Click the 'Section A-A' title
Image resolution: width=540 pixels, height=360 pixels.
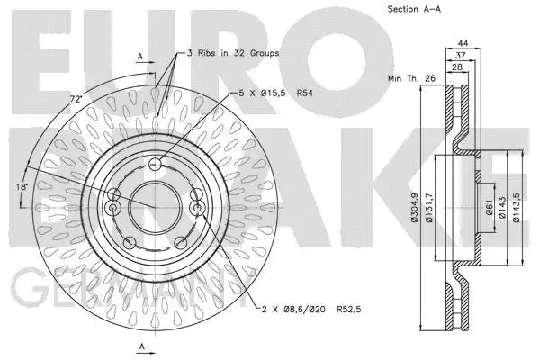pyautogui.click(x=415, y=9)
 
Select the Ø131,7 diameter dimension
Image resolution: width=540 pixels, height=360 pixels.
pyautogui.click(x=429, y=207)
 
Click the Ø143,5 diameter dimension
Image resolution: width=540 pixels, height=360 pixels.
pyautogui.click(x=518, y=207)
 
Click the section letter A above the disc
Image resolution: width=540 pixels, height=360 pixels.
pyautogui.click(x=140, y=56)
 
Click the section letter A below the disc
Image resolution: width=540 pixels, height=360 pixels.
pyautogui.click(x=140, y=346)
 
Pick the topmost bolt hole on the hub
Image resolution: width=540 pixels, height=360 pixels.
pyautogui.click(x=156, y=163)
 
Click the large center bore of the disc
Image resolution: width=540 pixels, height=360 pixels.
pyautogui.click(x=155, y=205)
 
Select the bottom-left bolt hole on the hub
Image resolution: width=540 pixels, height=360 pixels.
pyautogui.click(x=130, y=242)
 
